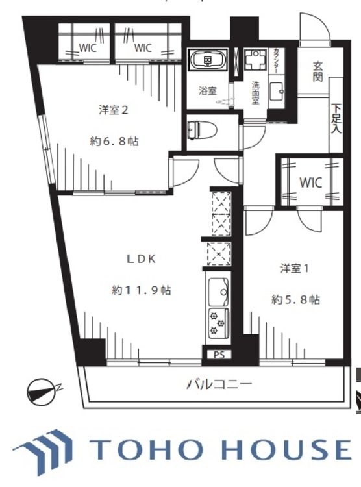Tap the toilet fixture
click(194, 129)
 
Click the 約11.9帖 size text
click(141, 290)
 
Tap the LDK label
click(142, 258)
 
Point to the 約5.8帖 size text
click(295, 299)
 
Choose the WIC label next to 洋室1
click(310, 182)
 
